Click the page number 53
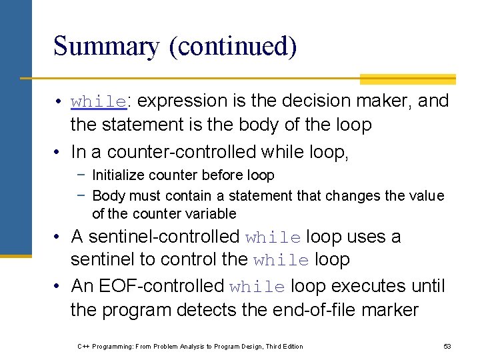[447, 347]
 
